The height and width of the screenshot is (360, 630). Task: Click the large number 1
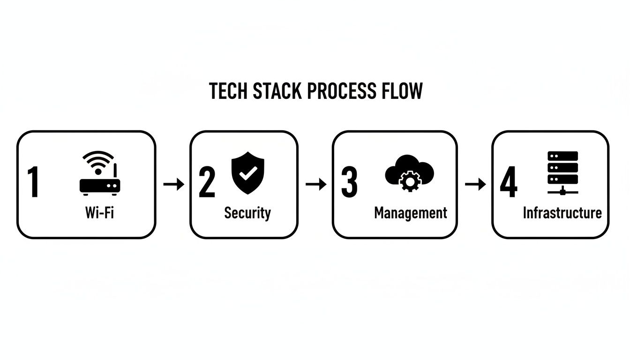33,183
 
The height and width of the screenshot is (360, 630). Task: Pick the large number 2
207,183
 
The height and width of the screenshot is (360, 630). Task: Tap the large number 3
349,183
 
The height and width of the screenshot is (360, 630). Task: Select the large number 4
509,183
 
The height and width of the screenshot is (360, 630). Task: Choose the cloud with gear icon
409,173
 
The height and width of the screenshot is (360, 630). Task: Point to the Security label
247,213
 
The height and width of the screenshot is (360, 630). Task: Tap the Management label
411,213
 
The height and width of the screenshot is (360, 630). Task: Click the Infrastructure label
562,213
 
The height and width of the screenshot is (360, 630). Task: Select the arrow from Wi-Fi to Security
173,184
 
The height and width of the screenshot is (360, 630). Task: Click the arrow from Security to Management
315,184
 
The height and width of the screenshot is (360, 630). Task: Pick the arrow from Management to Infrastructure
475,184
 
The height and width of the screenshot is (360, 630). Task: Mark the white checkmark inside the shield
247,173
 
